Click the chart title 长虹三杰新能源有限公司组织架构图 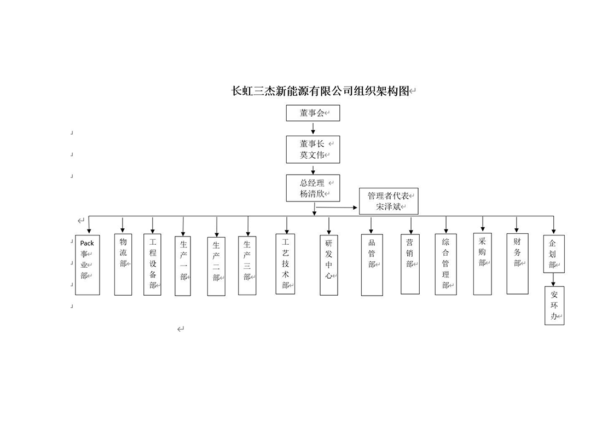320,91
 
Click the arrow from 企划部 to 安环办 554,280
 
